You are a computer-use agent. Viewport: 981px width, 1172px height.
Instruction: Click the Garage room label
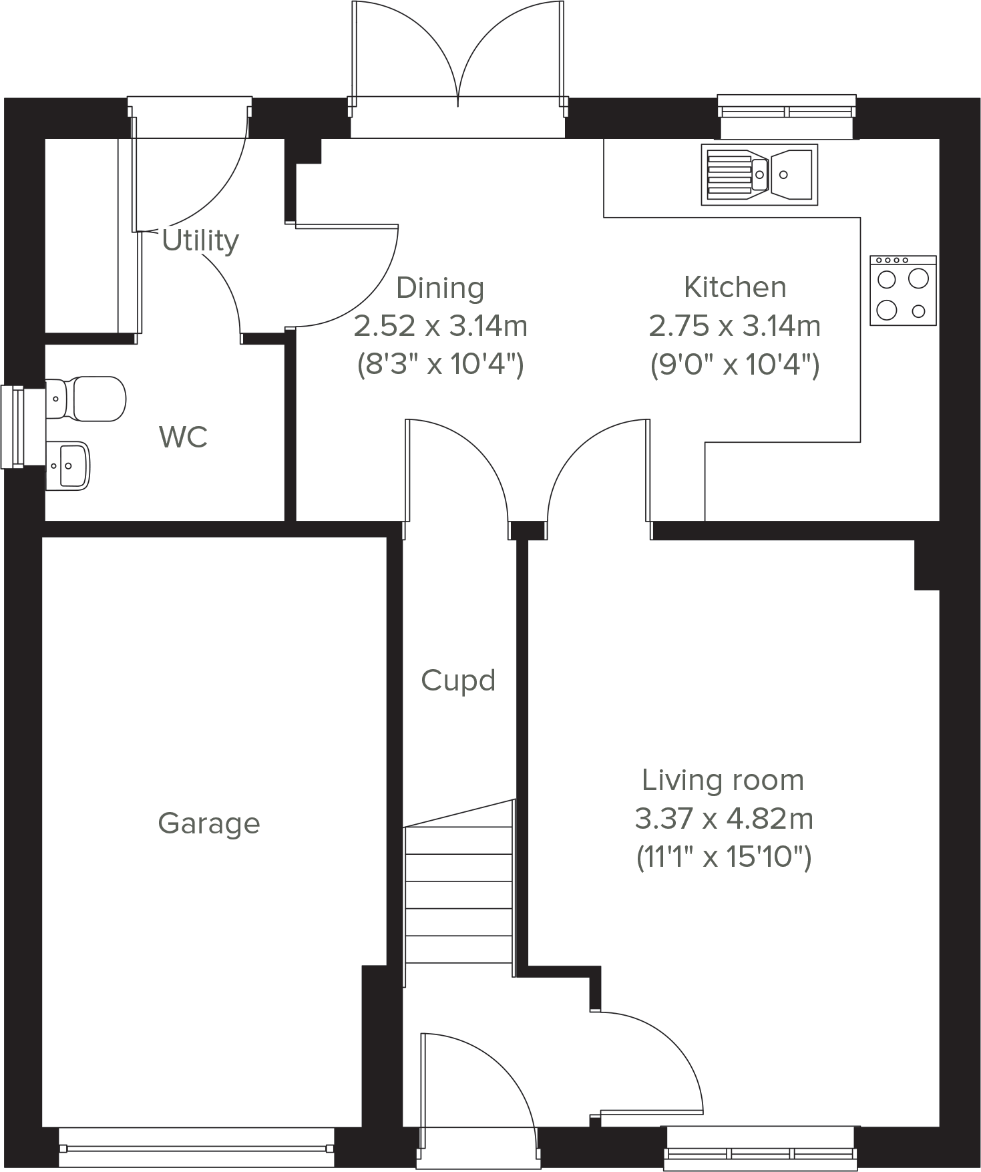click(x=208, y=823)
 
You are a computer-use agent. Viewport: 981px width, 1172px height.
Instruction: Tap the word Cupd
click(x=458, y=681)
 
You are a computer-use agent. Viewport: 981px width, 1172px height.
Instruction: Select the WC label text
click(x=183, y=437)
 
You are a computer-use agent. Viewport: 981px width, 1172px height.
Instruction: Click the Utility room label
click(x=200, y=240)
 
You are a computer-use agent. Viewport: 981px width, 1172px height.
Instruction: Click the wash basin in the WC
click(x=69, y=465)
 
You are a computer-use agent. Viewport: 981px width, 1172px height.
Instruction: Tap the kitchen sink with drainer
click(x=759, y=174)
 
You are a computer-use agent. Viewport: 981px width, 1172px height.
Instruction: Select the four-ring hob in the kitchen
click(x=903, y=291)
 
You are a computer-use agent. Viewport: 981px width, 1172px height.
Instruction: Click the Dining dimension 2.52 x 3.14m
click(x=440, y=327)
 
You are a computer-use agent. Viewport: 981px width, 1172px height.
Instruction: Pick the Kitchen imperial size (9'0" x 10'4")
click(x=735, y=365)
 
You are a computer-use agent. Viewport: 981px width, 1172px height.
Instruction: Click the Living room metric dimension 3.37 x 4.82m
click(x=724, y=818)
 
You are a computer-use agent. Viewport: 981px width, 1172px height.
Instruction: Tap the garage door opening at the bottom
click(x=196, y=1148)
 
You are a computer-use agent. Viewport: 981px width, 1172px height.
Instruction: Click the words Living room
click(x=723, y=780)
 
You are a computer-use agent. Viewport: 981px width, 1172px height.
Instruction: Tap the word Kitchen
click(x=735, y=287)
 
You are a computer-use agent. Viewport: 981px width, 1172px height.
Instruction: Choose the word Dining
click(x=440, y=288)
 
